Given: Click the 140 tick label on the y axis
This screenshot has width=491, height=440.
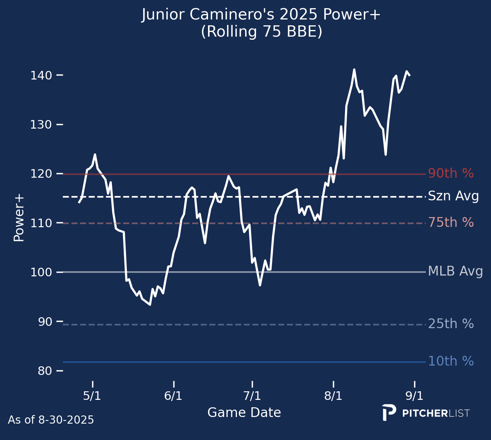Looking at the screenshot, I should pos(41,75).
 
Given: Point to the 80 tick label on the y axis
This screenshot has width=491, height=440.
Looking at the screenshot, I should pos(45,371).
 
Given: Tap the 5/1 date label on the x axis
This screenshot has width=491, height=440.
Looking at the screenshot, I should pos(92,396).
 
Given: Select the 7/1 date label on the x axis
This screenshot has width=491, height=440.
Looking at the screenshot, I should pos(252,396).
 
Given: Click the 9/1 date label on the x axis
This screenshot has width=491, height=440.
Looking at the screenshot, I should pos(414,396).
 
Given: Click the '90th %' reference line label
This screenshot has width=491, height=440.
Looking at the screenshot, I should pos(451,174).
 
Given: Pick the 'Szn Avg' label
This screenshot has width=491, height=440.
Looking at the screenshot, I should pos(453,196).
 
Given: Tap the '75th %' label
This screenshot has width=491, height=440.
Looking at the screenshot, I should pos(451,223).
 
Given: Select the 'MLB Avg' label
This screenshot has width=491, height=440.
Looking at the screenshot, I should pos(455,271).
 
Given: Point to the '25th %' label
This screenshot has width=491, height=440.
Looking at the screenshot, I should pos(451,324).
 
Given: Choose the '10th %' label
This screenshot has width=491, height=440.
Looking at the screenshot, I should pos(451,362).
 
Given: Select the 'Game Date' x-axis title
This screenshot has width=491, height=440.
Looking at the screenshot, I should pos(244,413).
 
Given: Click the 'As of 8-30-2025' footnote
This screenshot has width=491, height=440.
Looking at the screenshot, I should pos(51,420).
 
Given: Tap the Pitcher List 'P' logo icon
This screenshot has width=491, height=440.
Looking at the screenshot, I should pos(389,413).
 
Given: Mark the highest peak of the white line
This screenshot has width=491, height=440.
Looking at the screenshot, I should pos(354,70).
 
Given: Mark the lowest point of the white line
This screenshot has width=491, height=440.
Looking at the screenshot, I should pos(150,304).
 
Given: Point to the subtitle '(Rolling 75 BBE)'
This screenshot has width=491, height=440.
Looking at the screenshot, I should pos(262,32).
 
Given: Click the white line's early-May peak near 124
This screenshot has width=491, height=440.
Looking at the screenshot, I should pos(95,155).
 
